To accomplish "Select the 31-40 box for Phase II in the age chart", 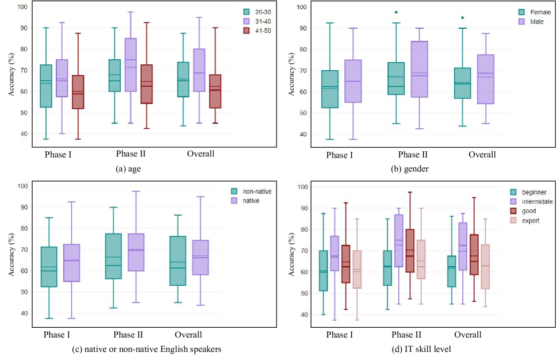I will coord(130,65).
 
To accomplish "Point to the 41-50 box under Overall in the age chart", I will coord(215,91).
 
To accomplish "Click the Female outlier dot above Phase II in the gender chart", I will coord(412,12).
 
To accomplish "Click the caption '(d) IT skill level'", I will coord(413,349).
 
